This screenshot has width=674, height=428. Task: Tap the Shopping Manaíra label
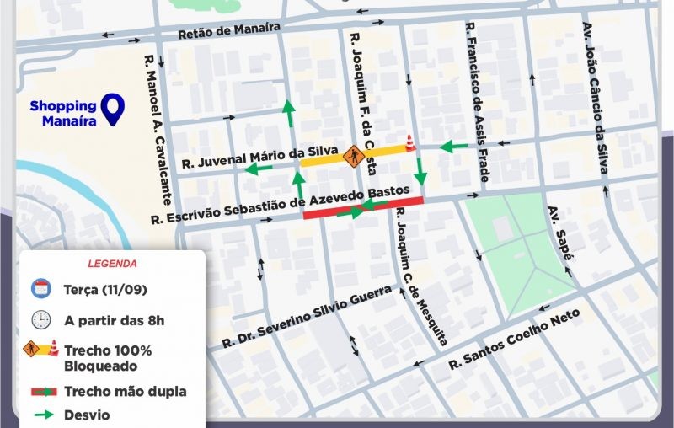pos(63,113)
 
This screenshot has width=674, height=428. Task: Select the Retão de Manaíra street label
pos(228,32)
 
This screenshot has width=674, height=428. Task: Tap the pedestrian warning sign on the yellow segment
pos(354,155)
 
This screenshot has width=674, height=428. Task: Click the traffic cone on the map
pos(410,143)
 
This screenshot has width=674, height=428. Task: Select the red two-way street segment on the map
pos(362,207)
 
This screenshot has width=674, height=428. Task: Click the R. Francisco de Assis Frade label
pos(476,103)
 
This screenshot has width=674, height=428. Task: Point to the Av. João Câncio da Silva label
pos(596,99)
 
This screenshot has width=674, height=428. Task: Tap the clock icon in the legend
pos(40,320)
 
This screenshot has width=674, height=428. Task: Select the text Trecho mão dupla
pos(125,392)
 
